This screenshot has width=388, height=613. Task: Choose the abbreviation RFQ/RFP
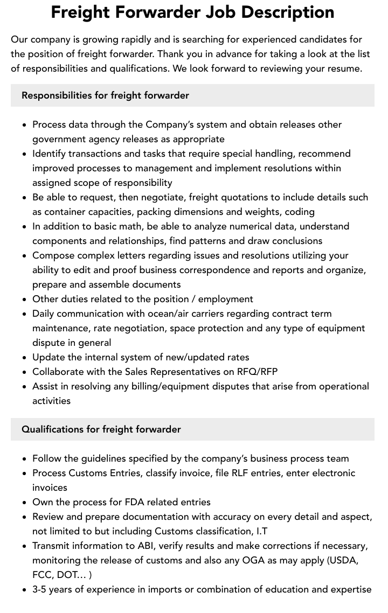[x=258, y=372]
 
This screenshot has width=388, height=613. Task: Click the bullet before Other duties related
[x=25, y=299]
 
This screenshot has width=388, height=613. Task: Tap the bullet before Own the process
[x=25, y=503]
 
